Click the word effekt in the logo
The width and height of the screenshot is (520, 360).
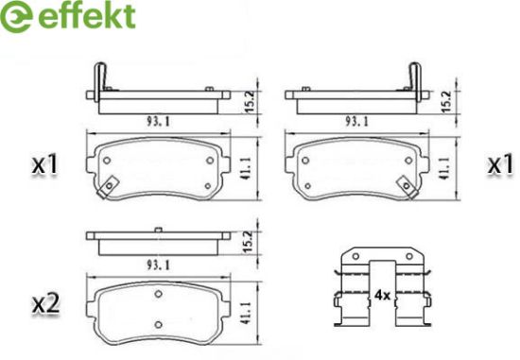click(x=87, y=15)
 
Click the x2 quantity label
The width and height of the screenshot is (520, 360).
click(x=45, y=304)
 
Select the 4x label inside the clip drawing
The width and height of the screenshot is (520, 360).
click(x=382, y=295)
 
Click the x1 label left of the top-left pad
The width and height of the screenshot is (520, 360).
click(x=44, y=165)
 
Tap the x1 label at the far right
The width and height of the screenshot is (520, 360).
click(x=500, y=165)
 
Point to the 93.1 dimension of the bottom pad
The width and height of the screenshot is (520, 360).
click(x=158, y=266)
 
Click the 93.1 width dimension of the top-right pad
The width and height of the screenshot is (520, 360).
click(x=356, y=122)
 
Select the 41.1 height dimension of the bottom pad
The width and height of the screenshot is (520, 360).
click(x=247, y=313)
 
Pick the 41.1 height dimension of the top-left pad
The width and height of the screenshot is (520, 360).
click(x=247, y=168)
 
